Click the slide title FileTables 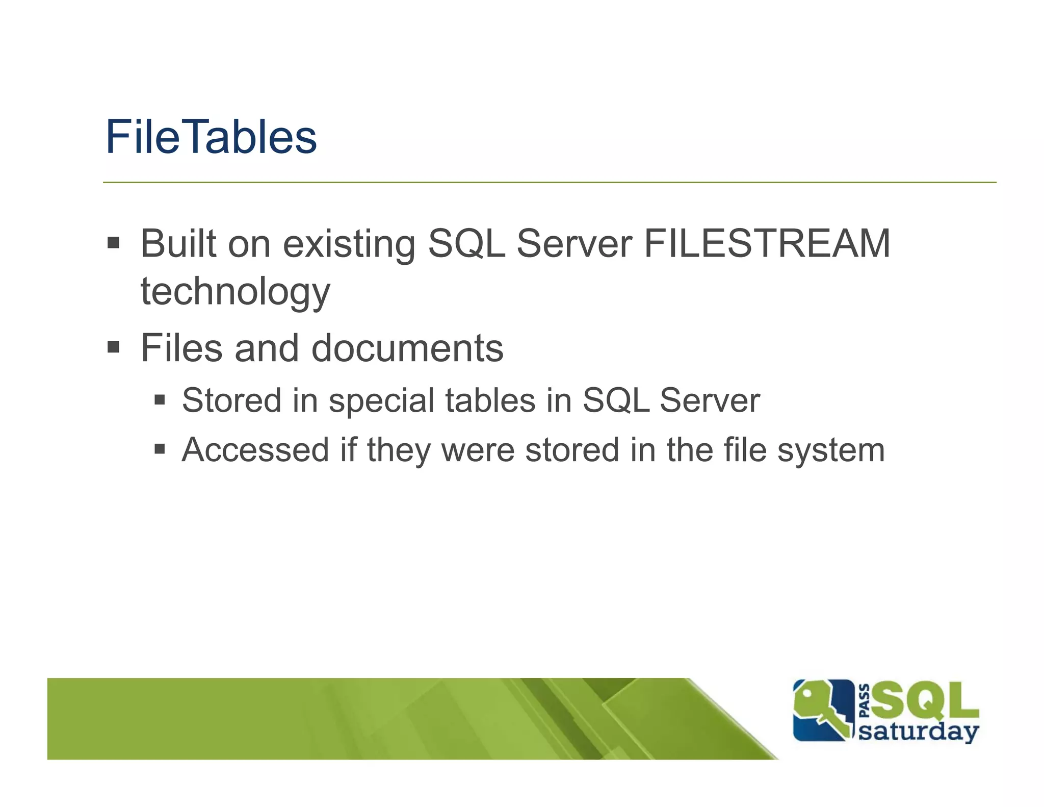tap(211, 137)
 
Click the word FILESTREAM tap(767, 243)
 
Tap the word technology tap(236, 292)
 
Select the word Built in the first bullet tap(178, 243)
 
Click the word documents tap(407, 348)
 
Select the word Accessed tap(255, 450)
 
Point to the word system tap(831, 451)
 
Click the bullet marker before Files tap(113, 347)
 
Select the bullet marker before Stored tap(160, 399)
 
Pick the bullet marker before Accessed tap(160, 449)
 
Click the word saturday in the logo tap(919, 732)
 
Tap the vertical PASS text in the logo tap(865, 700)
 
